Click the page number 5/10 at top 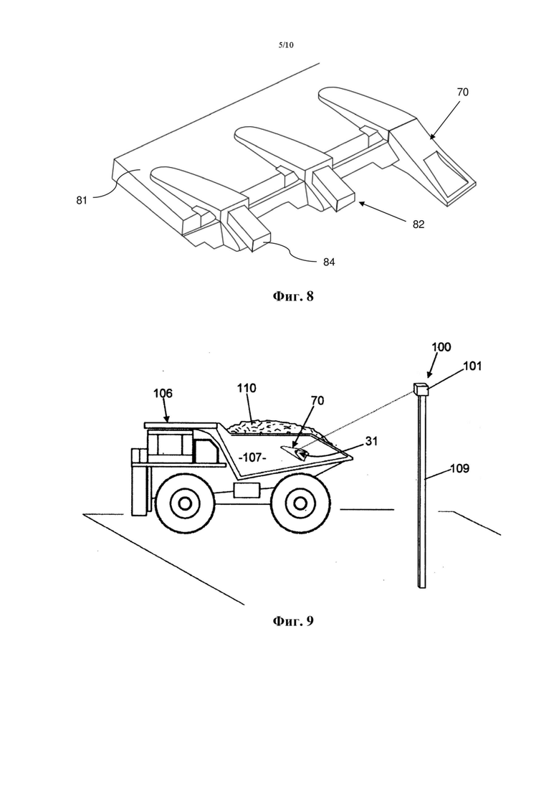pos(286,45)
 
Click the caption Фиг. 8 pos(293,296)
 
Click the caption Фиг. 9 pos(293,620)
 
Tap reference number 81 pos(82,200)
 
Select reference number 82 pos(419,224)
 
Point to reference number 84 pos(329,262)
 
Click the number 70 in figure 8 pos(462,92)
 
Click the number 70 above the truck pos(317,401)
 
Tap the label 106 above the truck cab pos(163,393)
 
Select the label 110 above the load pos(247,388)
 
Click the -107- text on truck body pos(252,458)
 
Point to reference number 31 pos(371,441)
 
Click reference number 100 pos(441,347)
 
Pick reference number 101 pos(472,366)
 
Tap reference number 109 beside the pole pos(459,468)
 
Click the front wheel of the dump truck pos(183,503)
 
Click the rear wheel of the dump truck pos(300,503)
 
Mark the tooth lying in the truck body pos(298,452)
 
